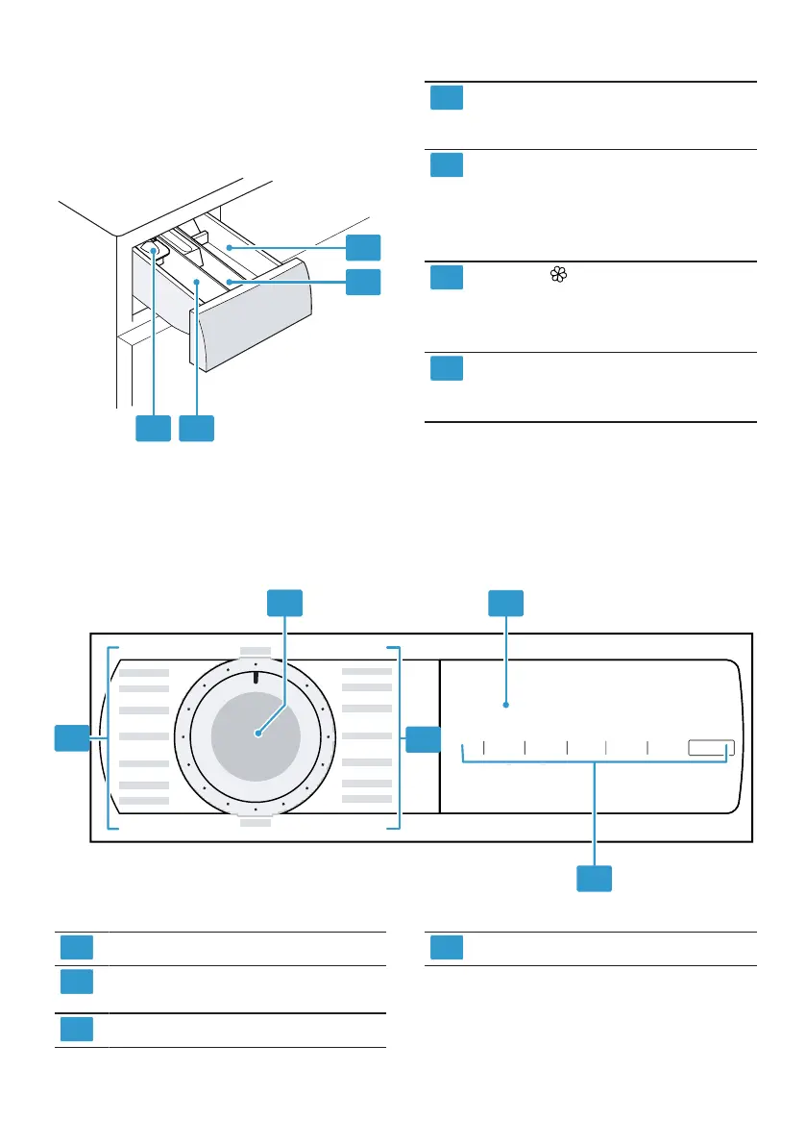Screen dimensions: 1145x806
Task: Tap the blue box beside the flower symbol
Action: [447, 278]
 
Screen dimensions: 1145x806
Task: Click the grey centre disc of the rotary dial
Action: [256, 733]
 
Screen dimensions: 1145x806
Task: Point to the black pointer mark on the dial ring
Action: [256, 678]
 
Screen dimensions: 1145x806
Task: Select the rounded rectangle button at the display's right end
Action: [711, 749]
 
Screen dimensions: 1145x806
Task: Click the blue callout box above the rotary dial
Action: [283, 603]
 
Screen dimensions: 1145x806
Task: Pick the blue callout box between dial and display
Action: [423, 738]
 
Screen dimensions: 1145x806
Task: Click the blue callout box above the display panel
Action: [506, 603]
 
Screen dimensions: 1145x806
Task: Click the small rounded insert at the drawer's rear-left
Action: [153, 250]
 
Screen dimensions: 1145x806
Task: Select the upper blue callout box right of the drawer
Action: [364, 247]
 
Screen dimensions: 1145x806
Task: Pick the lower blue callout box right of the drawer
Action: [364, 282]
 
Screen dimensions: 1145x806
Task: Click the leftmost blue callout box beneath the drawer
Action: [153, 429]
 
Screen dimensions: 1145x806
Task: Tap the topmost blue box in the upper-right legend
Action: [447, 98]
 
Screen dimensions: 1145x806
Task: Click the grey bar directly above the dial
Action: [256, 650]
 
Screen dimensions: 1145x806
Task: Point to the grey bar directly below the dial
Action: [256, 823]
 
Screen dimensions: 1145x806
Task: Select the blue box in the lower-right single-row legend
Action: [447, 947]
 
